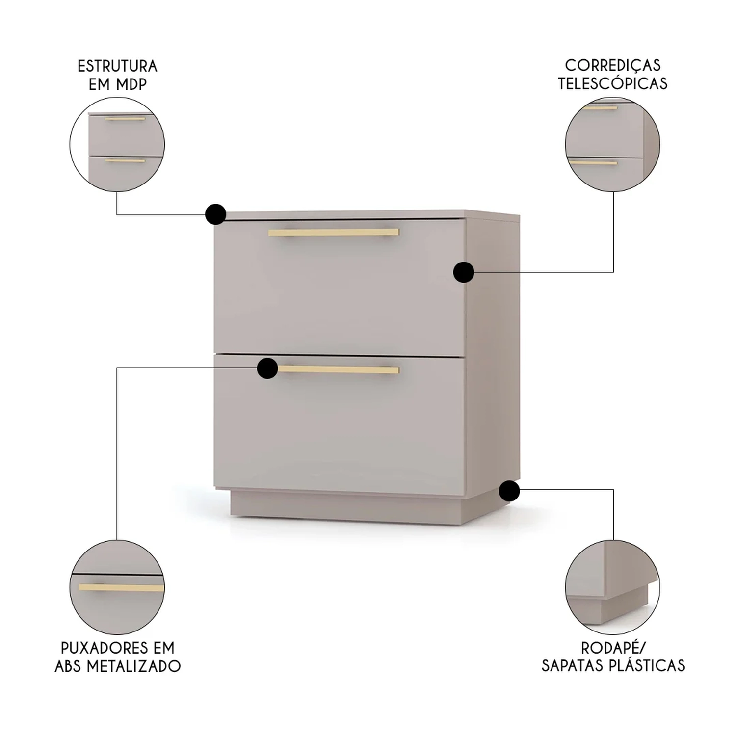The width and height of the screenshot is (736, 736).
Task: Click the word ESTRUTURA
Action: pos(117,66)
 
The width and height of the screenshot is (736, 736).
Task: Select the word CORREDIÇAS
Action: pos(613,65)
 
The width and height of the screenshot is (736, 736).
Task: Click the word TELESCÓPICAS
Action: pos(613,83)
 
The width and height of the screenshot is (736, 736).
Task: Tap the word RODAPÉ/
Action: pos(613,648)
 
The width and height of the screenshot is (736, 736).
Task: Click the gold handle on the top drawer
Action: pos(334,232)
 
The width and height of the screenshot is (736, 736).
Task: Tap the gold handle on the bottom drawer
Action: pos(338,369)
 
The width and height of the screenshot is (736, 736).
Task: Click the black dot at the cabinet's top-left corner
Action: pos(215,214)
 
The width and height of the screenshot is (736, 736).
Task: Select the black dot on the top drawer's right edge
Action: pos(464,272)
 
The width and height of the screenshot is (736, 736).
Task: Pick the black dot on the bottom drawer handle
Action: pos(267,368)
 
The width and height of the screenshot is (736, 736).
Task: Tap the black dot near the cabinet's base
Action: pos(509,491)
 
